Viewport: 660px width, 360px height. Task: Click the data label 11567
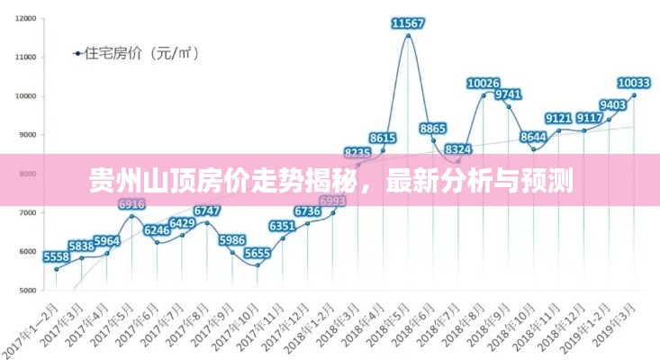coord(409,22)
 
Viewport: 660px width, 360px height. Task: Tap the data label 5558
coord(56,257)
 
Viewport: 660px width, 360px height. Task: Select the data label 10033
coord(633,83)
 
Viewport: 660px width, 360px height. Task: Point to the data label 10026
coord(484,83)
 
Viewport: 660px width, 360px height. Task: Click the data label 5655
coord(258,254)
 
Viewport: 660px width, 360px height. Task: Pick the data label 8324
coord(458,149)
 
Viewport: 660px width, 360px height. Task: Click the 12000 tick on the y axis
coord(25,18)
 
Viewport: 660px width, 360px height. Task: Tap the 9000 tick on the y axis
coord(27,135)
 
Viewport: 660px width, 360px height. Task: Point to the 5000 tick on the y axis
coord(27,291)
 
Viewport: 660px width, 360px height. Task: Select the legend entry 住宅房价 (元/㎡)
coord(135,52)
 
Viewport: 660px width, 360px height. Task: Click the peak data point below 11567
coord(408,36)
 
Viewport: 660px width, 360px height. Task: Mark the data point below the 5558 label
coord(56,269)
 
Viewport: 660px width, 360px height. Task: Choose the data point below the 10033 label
coord(634,94)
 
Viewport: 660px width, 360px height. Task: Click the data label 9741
coord(509,94)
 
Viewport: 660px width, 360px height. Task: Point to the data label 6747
coord(207,211)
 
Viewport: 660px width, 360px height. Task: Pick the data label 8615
coord(383,138)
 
